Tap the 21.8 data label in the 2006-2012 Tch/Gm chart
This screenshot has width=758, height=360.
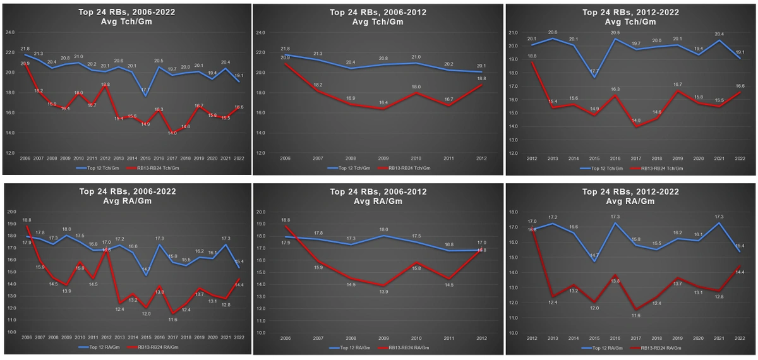click(x=285, y=49)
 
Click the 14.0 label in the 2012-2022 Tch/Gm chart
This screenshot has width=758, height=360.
click(x=636, y=120)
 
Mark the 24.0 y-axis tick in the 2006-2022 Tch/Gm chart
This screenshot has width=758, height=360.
click(x=10, y=32)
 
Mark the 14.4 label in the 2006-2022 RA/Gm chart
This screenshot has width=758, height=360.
click(x=239, y=285)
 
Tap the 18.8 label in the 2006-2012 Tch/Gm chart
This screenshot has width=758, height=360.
click(x=481, y=78)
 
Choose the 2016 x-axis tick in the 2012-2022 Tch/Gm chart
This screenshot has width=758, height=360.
click(x=615, y=159)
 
